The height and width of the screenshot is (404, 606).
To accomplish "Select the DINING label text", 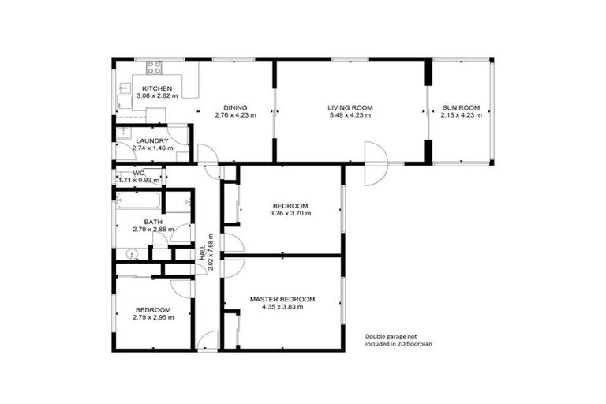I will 235,107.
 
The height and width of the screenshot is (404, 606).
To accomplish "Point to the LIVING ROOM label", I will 350,107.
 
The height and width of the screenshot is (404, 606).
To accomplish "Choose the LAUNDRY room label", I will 151,140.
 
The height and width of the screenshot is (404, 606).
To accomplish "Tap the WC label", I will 139,172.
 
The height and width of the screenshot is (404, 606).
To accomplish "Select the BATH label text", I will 152,222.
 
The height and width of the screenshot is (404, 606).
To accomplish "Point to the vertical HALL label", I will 204,250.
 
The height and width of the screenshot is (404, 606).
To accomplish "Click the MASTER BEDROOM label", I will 282,299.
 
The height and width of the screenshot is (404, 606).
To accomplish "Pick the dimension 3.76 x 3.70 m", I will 290,214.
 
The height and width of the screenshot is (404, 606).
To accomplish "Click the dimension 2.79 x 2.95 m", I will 152,318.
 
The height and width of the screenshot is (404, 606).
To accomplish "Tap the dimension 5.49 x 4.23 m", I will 350,116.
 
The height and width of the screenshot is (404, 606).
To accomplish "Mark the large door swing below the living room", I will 375,164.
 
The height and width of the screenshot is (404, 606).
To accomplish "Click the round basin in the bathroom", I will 132,254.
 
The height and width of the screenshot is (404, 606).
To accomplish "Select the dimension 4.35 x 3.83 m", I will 282,308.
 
